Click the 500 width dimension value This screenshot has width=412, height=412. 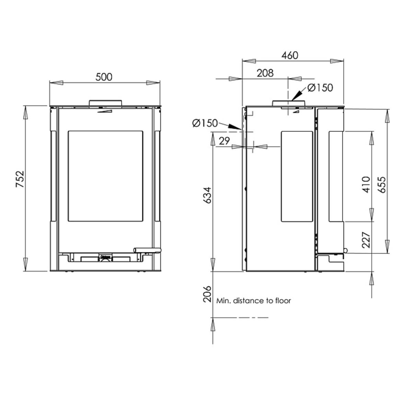(x=104, y=77)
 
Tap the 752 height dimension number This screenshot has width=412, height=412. (x=20, y=179)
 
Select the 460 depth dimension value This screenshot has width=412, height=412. (x=290, y=55)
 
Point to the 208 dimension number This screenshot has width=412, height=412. (x=265, y=73)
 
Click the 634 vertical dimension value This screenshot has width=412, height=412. (x=207, y=195)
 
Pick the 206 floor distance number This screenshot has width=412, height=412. (x=207, y=294)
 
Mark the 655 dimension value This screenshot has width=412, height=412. (x=382, y=184)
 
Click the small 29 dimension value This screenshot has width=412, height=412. (x=224, y=141)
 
